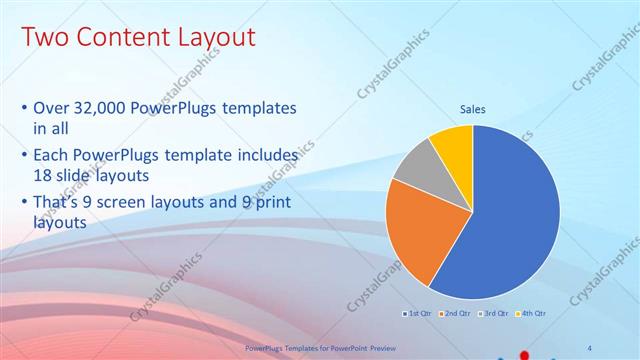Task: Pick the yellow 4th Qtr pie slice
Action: [x=453, y=145]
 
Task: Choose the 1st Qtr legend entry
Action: [x=417, y=314]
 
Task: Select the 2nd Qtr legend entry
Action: [x=455, y=314]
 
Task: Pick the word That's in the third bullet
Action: [x=59, y=203]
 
